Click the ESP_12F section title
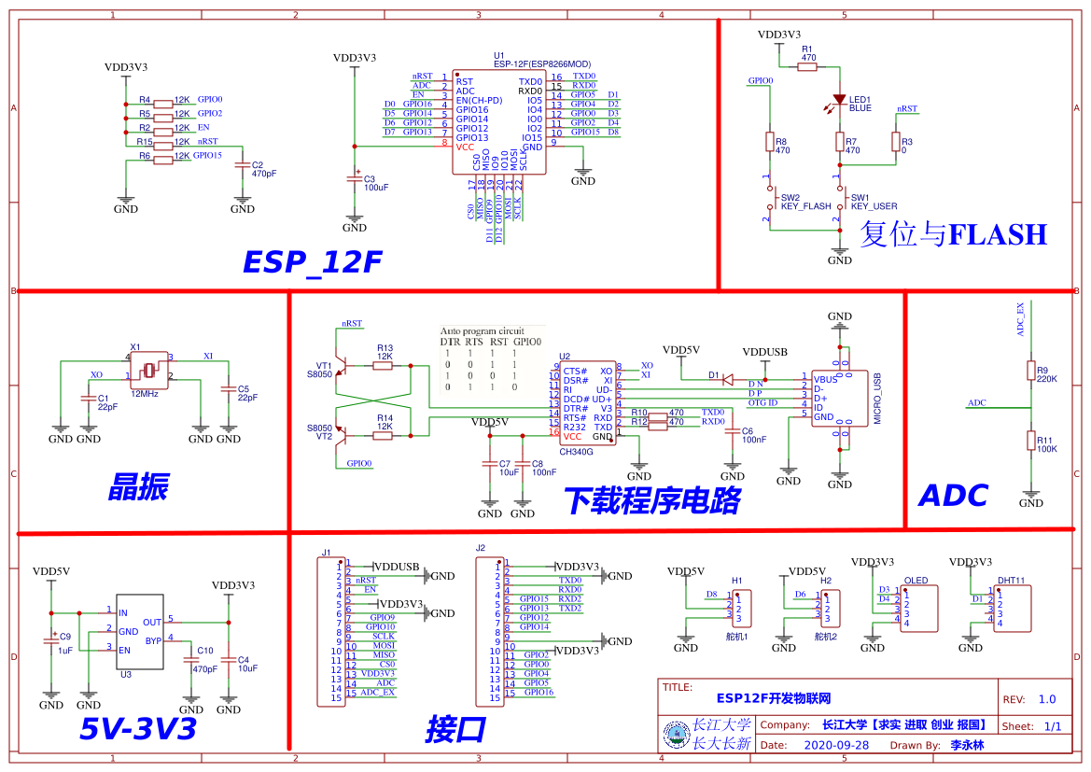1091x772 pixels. pyautogui.click(x=312, y=262)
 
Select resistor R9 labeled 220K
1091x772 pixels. pyautogui.click(x=1031, y=372)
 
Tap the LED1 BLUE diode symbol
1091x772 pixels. pyautogui.click(x=839, y=99)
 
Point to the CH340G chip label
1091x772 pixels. pyautogui.click(x=576, y=451)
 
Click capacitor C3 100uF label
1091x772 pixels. pyautogui.click(x=375, y=183)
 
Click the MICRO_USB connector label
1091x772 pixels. pyautogui.click(x=877, y=399)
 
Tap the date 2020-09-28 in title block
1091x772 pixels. pyautogui.click(x=835, y=745)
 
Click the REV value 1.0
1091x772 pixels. pyautogui.click(x=1046, y=699)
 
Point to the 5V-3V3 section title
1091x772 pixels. pyautogui.click(x=137, y=728)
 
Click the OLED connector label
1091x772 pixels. pyautogui.click(x=916, y=581)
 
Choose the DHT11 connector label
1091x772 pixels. pyautogui.click(x=1011, y=581)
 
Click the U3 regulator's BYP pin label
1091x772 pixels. pyautogui.click(x=153, y=640)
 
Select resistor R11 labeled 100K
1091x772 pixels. pyautogui.click(x=1031, y=442)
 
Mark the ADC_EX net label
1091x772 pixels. pyautogui.click(x=1020, y=319)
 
